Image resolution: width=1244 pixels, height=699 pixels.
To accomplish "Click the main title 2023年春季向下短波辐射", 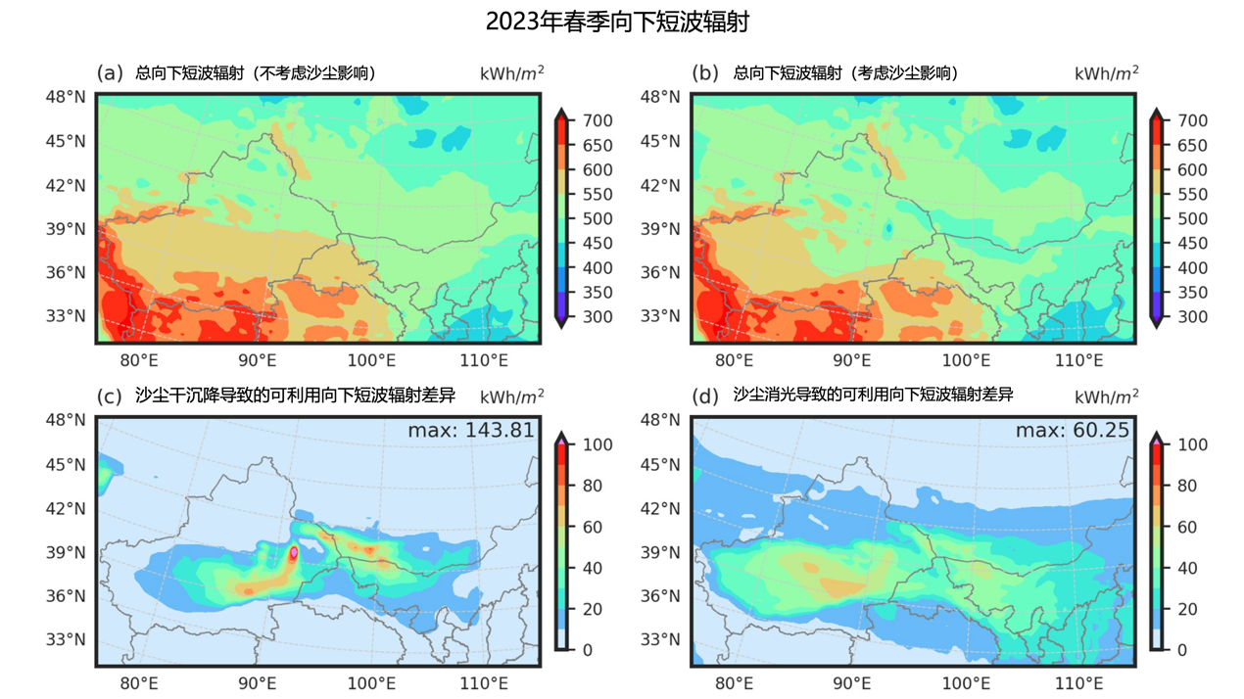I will point(622,22).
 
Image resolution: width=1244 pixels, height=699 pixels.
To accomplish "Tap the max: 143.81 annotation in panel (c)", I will point(473,431).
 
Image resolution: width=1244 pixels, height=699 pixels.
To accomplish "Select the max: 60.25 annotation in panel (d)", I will point(1072,431).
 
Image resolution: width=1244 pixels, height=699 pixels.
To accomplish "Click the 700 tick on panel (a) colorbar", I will point(598,120).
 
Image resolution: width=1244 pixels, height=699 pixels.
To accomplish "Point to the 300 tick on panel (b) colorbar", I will point(1194,316).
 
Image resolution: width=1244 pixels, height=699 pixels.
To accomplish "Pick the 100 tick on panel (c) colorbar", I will point(598,444).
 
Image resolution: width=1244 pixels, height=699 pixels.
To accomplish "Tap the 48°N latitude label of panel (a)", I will point(67,97).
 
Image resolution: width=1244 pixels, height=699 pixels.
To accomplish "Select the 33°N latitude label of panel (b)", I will point(662,316).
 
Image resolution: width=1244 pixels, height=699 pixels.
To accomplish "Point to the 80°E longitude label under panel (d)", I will point(735,683).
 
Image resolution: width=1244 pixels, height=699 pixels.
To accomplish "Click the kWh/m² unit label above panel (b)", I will point(1106,72).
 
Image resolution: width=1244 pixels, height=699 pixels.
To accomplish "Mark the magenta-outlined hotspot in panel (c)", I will point(294,553).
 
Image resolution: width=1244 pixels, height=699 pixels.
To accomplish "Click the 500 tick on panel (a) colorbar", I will point(598,218).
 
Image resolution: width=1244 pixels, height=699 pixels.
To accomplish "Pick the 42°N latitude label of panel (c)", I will point(67,509).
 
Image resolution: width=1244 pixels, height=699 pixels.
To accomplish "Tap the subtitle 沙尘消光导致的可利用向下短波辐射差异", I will point(873,396).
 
